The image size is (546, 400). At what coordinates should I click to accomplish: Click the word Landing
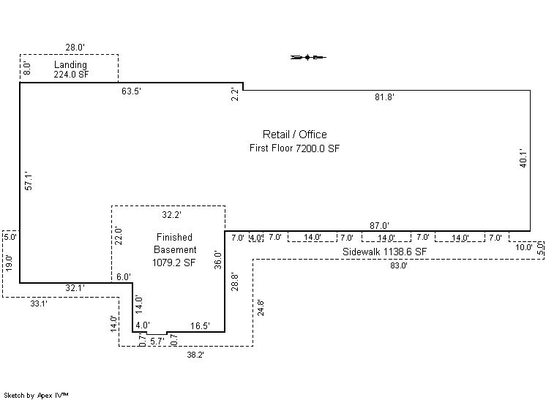pyautogui.click(x=70, y=64)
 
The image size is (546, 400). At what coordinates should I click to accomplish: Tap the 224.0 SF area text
pyautogui.click(x=71, y=74)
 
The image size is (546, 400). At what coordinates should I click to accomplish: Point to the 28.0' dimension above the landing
pyautogui.click(x=75, y=48)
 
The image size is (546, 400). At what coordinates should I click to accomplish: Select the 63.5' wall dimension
pyautogui.click(x=131, y=91)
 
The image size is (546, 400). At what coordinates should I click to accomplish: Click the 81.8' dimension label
pyautogui.click(x=384, y=97)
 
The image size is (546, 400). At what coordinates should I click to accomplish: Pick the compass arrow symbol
pyautogui.click(x=308, y=57)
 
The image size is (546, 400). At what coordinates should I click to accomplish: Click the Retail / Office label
pyautogui.click(x=294, y=135)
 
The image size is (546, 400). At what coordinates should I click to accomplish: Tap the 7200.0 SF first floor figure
pyautogui.click(x=318, y=148)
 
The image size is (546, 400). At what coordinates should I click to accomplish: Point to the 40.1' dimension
pyautogui.click(x=523, y=158)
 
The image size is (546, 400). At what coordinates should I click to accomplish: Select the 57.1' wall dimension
pyautogui.click(x=29, y=181)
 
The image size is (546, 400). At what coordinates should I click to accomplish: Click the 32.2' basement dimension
pyautogui.click(x=172, y=215)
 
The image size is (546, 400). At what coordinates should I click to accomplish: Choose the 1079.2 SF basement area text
pyautogui.click(x=173, y=263)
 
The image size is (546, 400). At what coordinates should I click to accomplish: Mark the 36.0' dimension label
pyautogui.click(x=218, y=260)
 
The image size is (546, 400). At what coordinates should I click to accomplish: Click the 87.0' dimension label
pyautogui.click(x=380, y=226)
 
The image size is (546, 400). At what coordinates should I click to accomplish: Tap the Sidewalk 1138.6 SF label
pyautogui.click(x=384, y=252)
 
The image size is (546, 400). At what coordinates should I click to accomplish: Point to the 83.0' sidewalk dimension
pyautogui.click(x=399, y=265)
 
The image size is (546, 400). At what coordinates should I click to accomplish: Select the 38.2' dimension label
pyautogui.click(x=195, y=355)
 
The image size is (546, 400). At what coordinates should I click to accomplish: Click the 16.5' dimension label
pyautogui.click(x=201, y=326)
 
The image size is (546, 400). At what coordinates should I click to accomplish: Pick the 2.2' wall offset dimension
pyautogui.click(x=236, y=94)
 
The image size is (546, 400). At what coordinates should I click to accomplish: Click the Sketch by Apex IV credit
pyautogui.click(x=36, y=396)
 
